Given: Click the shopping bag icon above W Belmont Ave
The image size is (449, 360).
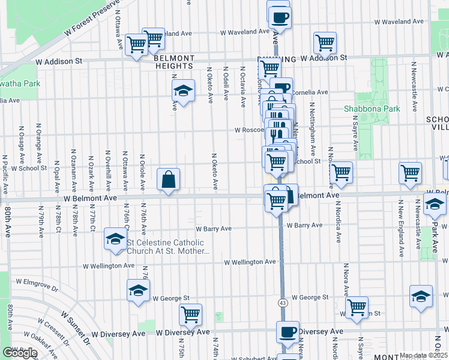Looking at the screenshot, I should click(x=169, y=179).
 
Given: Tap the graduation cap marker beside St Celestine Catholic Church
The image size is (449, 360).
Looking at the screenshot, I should click(x=114, y=239).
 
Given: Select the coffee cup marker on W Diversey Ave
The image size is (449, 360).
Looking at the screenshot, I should click(x=288, y=332).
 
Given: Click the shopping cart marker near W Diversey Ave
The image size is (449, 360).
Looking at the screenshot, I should click(x=190, y=314).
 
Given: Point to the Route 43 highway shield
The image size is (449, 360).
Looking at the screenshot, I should click(x=282, y=303).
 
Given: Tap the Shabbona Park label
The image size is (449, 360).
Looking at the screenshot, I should click(x=372, y=109).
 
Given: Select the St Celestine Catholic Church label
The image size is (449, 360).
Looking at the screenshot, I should click(x=168, y=247).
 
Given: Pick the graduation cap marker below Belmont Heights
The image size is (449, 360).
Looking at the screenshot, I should click(x=184, y=91).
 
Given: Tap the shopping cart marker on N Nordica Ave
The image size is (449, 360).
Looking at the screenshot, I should click(x=341, y=172).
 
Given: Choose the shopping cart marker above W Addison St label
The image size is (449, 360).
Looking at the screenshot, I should click(x=325, y=42).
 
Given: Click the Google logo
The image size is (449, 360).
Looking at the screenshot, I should click(x=20, y=353).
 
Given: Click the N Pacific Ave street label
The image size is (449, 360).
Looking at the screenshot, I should click(x=5, y=174).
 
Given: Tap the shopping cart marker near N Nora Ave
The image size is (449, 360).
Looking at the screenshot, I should click(x=357, y=307).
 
